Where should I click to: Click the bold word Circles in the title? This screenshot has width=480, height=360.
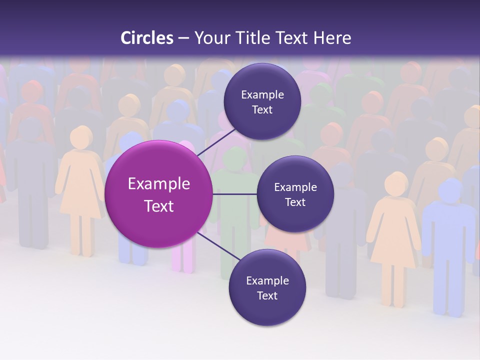pos(147,38)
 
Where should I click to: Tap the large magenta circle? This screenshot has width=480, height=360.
pos(158,194)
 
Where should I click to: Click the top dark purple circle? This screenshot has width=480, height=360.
pos(262,102)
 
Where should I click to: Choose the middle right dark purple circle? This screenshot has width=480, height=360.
pos(295,194)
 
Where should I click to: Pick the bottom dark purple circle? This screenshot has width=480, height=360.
pos(267,287)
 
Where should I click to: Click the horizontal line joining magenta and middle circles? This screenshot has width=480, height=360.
pos(235,194)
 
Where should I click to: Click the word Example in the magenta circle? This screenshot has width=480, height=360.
pos(159,184)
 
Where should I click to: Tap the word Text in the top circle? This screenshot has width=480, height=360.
pos(262,110)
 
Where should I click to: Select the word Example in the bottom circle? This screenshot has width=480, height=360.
pos(267,280)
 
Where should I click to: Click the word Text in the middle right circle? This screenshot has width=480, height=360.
pos(295,202)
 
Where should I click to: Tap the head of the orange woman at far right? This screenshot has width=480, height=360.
pos(397,183)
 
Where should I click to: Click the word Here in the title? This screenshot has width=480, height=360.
pos(332,38)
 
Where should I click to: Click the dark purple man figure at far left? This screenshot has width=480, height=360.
pos(31,185)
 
